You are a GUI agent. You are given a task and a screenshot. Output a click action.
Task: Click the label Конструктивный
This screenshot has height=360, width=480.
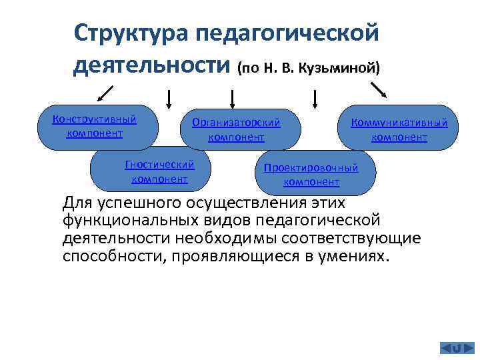tap(94, 119)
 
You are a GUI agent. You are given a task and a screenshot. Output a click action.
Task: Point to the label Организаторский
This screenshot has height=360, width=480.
tap(236, 123)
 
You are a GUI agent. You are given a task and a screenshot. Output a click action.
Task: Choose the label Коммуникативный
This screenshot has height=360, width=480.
tap(399, 123)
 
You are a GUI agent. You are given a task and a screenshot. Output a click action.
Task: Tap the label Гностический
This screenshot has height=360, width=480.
tap(159, 165)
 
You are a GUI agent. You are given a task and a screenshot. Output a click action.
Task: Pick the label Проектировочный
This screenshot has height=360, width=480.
tap(311, 168)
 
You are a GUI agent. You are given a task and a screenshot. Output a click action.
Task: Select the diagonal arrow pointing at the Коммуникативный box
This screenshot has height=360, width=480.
tap(379, 90)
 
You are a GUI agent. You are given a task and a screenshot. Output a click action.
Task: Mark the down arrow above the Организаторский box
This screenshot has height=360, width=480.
tap(233, 99)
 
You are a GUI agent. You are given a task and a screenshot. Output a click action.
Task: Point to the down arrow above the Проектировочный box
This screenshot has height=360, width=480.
tap(314, 99)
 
